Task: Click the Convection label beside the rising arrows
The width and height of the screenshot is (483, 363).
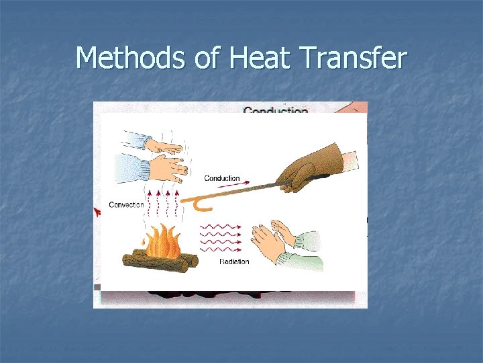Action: click(126, 204)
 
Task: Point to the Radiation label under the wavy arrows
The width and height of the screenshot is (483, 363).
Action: click(234, 261)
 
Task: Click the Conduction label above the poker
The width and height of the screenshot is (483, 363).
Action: click(221, 178)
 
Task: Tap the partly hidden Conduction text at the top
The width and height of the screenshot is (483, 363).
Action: click(275, 109)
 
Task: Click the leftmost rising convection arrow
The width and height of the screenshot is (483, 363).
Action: click(149, 202)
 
